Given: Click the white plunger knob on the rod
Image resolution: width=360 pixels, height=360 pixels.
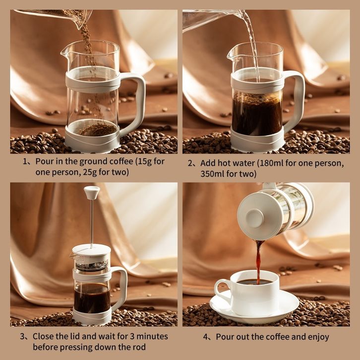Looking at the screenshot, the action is pyautogui.click(x=92, y=192).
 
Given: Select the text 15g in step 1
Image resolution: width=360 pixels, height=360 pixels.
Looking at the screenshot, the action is pyautogui.click(x=144, y=161).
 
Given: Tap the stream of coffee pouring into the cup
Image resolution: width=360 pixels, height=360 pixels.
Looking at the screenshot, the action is pyautogui.click(x=259, y=262).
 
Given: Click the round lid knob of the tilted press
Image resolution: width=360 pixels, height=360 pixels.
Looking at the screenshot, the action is pyautogui.click(x=254, y=218).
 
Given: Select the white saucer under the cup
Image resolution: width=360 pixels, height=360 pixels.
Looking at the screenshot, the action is pyautogui.click(x=254, y=307).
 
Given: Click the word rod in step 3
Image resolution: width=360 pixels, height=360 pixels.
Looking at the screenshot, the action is pyautogui.click(x=140, y=347).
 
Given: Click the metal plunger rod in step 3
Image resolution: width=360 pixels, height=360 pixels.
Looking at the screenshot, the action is pyautogui.click(x=92, y=224).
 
